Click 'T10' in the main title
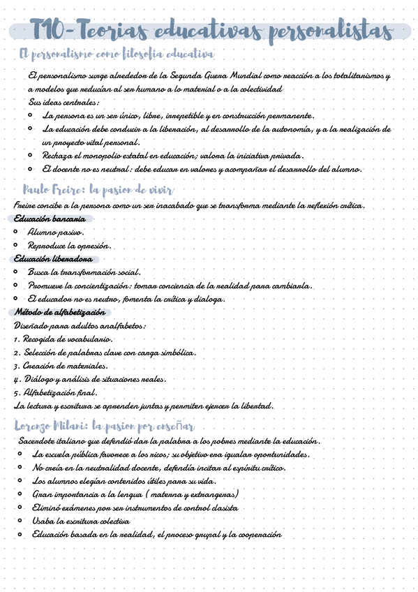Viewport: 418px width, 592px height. click(x=52, y=31)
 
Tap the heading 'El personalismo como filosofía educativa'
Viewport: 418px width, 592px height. click(x=117, y=54)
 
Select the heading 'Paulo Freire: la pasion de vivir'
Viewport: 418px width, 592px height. click(x=98, y=190)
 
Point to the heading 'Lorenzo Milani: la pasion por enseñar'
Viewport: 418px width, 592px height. click(x=105, y=426)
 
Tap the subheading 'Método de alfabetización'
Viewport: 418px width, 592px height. click(x=60, y=312)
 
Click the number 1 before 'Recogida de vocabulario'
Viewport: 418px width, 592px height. click(x=16, y=339)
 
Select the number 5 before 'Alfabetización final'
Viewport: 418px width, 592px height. click(x=16, y=392)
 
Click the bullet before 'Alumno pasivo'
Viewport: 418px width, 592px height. click(x=16, y=232)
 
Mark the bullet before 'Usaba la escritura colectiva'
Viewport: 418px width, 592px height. click(x=26, y=521)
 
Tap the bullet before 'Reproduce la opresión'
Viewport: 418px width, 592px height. click(x=16, y=245)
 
